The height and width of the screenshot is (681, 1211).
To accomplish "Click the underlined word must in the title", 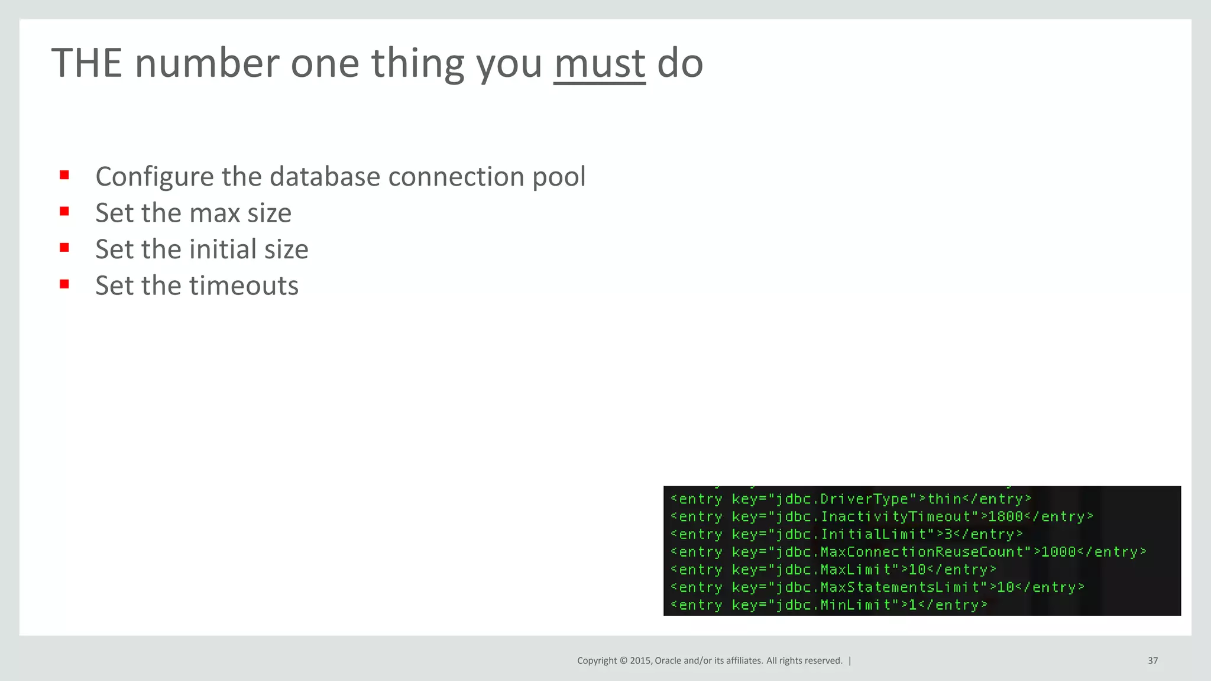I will click(x=599, y=64).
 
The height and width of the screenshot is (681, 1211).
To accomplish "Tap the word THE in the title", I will click(x=86, y=63).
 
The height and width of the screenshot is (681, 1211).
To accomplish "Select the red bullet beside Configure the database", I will click(x=64, y=176).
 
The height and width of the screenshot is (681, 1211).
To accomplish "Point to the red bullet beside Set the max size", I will click(x=64, y=212).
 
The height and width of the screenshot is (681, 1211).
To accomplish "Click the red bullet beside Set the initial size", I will click(x=64, y=248).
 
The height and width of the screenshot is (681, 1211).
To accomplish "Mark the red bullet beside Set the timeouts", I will click(x=64, y=284).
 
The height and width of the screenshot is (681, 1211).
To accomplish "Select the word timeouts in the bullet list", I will click(x=244, y=286).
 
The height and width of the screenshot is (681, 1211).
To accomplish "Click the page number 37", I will click(x=1152, y=660).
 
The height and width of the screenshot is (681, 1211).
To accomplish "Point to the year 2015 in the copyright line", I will click(x=641, y=660).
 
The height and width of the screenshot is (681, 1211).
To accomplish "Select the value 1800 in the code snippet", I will click(x=1005, y=517).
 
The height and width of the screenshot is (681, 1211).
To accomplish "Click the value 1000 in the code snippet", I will click(x=1058, y=552).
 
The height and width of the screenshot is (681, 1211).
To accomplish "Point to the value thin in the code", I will click(x=944, y=499).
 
